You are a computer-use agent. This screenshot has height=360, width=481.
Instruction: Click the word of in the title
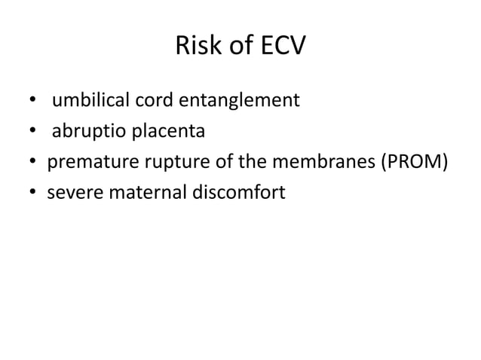(237, 48)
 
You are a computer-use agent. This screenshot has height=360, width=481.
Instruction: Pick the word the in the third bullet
(253, 162)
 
